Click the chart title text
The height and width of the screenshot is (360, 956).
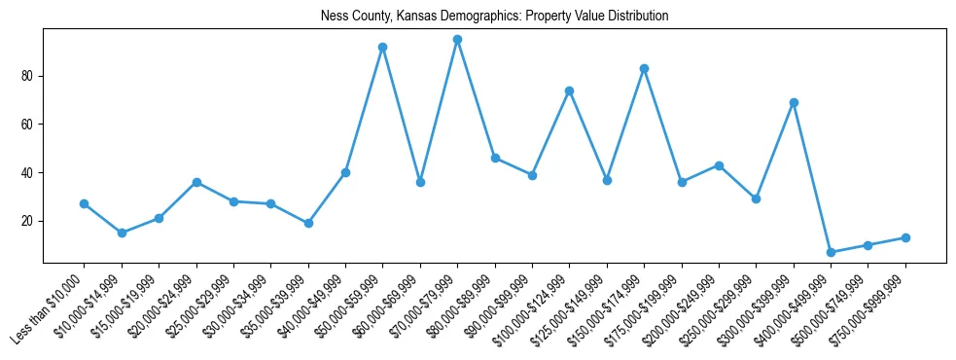495,17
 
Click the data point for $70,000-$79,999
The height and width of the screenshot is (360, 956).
457,40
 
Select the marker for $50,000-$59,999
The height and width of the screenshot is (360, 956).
382,47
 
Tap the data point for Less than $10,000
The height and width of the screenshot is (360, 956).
84,204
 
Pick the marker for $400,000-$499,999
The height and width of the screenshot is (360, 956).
831,252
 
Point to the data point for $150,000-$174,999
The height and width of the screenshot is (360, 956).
644,69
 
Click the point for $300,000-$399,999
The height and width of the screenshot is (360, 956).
794,102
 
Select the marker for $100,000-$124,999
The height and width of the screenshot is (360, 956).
569,90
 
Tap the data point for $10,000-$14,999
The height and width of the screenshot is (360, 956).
122,234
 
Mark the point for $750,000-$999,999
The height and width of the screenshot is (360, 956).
905,237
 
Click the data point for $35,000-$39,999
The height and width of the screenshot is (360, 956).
308,223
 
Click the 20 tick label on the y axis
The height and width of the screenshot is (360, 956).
29,221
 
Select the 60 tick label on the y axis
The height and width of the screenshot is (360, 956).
29,125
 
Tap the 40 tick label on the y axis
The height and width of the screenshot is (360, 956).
29,173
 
